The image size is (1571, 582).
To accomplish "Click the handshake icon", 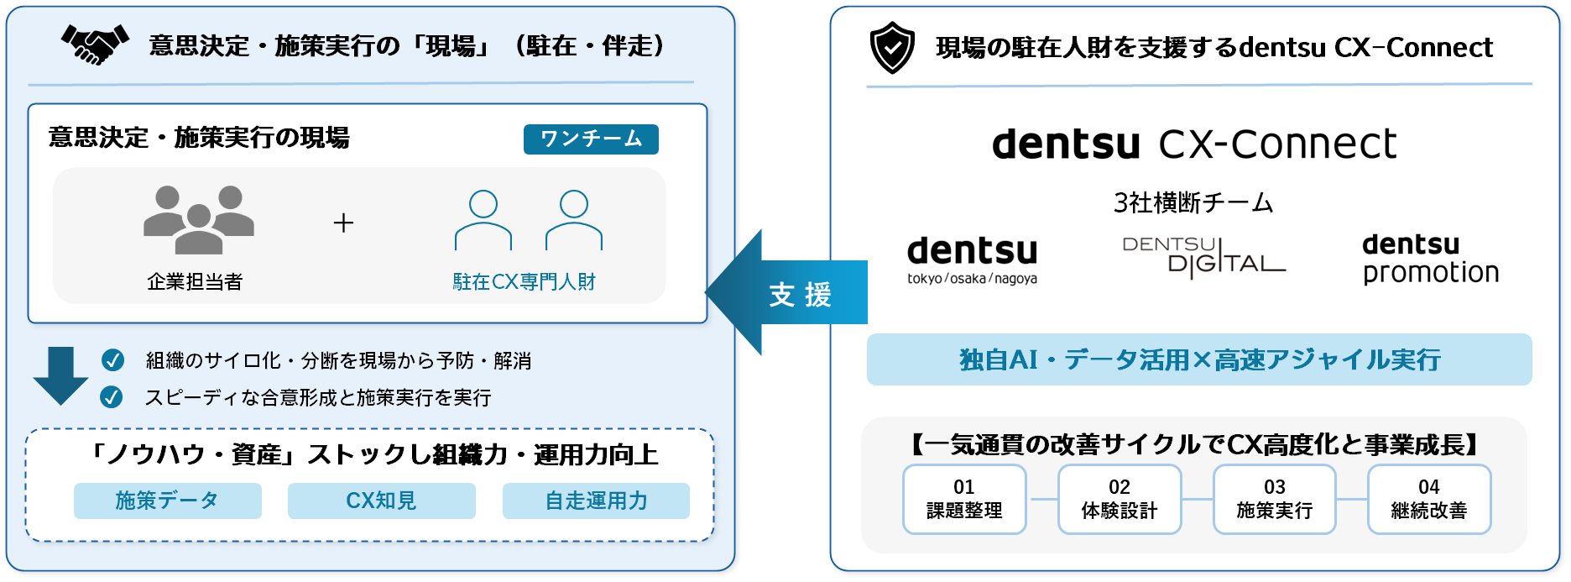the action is pyautogui.click(x=95, y=45).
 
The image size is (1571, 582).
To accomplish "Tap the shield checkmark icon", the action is pyautogui.click(x=892, y=48).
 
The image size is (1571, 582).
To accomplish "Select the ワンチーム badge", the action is pyautogui.click(x=591, y=139).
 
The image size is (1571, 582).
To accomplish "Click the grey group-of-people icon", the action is pyautogui.click(x=199, y=220).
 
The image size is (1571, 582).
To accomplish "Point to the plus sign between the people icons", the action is pyautogui.click(x=343, y=223).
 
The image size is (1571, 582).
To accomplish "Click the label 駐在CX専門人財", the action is pyautogui.click(x=524, y=282).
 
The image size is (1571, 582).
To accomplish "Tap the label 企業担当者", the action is pyautogui.click(x=195, y=282).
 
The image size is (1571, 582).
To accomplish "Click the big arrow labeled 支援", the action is pyautogui.click(x=786, y=292).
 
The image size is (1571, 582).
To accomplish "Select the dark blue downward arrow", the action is pyautogui.click(x=60, y=375).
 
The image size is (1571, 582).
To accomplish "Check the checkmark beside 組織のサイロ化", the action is pyautogui.click(x=112, y=360).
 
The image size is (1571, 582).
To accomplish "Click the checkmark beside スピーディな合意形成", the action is pyautogui.click(x=112, y=397).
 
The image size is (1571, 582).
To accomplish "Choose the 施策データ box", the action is pyautogui.click(x=168, y=501).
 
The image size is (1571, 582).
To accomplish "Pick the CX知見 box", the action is pyautogui.click(x=382, y=501).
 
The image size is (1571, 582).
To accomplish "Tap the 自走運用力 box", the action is pyautogui.click(x=596, y=501).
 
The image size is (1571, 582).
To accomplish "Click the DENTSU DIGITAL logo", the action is pyautogui.click(x=1203, y=256).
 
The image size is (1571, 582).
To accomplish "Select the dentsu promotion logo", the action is pyautogui.click(x=1431, y=260).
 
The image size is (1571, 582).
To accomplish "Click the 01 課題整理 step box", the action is pyautogui.click(x=964, y=499).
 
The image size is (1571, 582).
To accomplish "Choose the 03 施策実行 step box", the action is pyautogui.click(x=1275, y=499).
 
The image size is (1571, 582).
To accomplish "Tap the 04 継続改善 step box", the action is pyautogui.click(x=1429, y=499).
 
